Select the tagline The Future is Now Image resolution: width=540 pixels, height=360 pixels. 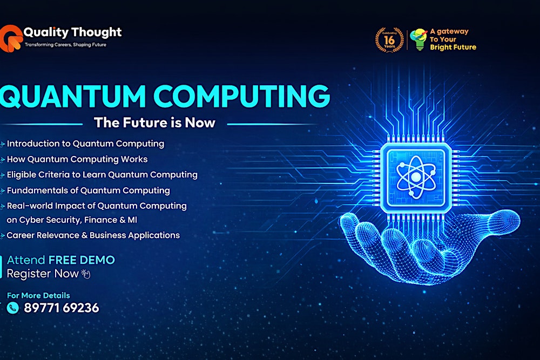pos(154,123)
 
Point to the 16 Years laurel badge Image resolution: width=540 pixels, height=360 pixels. pos(389,39)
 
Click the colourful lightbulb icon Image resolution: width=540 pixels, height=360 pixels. pos(417,39)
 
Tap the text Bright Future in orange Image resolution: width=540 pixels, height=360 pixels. pos(453,47)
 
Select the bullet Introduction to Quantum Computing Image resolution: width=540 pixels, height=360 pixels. pos(85,144)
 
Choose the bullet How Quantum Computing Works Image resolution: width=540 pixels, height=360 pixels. pos(77,159)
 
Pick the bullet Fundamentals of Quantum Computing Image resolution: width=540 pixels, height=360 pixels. pos(88,191)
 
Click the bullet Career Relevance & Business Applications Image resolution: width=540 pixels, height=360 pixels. pos(93,235)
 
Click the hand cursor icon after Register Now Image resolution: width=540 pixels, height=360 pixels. pos(85,274)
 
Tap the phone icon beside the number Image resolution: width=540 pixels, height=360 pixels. pos(13,308)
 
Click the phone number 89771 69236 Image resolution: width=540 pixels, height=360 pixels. pos(61,308)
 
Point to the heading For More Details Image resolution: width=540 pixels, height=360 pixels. pos(38,295)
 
